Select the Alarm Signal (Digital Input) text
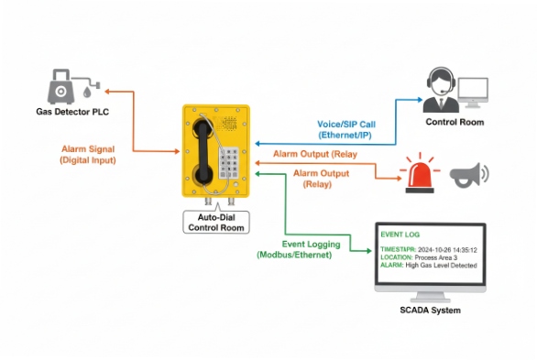click(x=88, y=154)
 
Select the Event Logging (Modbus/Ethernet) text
click(x=312, y=249)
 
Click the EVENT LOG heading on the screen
click(x=400, y=235)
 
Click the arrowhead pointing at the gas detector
click(x=108, y=91)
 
